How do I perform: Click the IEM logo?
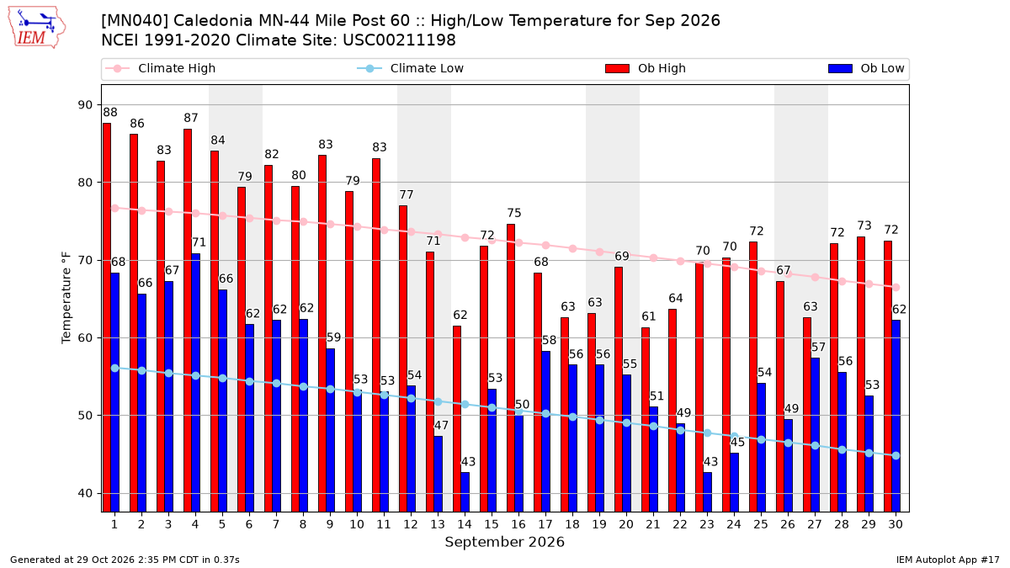pos(37,27)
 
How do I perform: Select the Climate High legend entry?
pos(160,68)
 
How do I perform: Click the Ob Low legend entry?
pos(866,68)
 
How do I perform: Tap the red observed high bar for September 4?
pos(188,321)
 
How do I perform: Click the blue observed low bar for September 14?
pos(465,492)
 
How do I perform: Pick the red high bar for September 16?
pos(511,369)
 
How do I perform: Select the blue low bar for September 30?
pos(896,416)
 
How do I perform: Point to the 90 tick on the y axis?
pos(85,105)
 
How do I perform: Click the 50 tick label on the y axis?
pos(85,416)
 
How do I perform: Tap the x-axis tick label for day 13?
pos(438,524)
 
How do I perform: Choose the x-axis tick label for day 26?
pos(788,524)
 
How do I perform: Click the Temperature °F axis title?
pos(66,298)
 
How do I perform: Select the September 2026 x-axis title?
pos(504,542)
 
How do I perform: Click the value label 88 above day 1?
pos(110,112)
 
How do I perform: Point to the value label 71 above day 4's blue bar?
pos(199,242)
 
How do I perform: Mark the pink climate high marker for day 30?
pos(896,287)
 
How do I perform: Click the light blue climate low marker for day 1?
pos(115,369)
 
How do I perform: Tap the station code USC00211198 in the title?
pos(399,40)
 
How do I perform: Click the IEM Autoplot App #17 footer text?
pos(948,560)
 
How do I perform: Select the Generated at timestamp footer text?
pos(125,560)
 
